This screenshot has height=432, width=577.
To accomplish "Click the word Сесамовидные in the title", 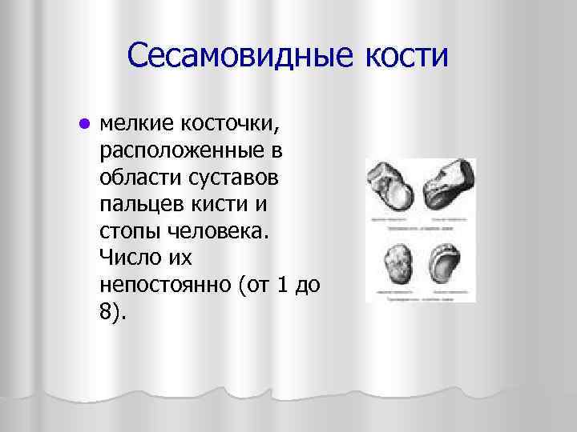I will [233, 57].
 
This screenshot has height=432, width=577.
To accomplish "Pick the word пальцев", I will [137, 205].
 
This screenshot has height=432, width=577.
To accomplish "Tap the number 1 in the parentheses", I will [281, 285].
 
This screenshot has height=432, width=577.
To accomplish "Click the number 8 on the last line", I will [108, 311].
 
